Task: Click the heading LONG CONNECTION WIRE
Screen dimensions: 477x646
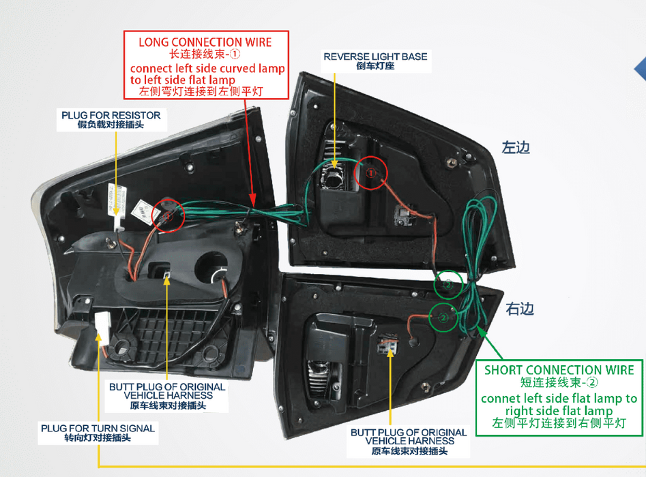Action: pyautogui.click(x=205, y=42)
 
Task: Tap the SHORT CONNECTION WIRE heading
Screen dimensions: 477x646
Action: pyautogui.click(x=559, y=370)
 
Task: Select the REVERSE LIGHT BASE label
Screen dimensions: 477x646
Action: pyautogui.click(x=375, y=56)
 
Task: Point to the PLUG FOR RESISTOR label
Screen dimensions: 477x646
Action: pyautogui.click(x=111, y=115)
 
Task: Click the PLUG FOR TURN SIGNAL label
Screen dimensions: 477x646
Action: pyautogui.click(x=98, y=428)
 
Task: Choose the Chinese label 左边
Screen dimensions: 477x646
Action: pyautogui.click(x=516, y=147)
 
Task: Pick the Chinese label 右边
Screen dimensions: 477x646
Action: pyautogui.click(x=520, y=309)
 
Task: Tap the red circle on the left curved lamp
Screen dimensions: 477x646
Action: pyautogui.click(x=168, y=215)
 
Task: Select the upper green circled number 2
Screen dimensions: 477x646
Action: pyautogui.click(x=447, y=286)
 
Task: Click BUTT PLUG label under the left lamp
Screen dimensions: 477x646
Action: pyautogui.click(x=167, y=390)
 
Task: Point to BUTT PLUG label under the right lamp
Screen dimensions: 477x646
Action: pyautogui.click(x=409, y=436)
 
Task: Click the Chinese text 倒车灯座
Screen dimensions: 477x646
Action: pyautogui.click(x=375, y=67)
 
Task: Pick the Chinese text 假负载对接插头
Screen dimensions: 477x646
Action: pyautogui.click(x=111, y=126)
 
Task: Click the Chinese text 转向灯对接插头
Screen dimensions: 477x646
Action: pyautogui.click(x=98, y=438)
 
